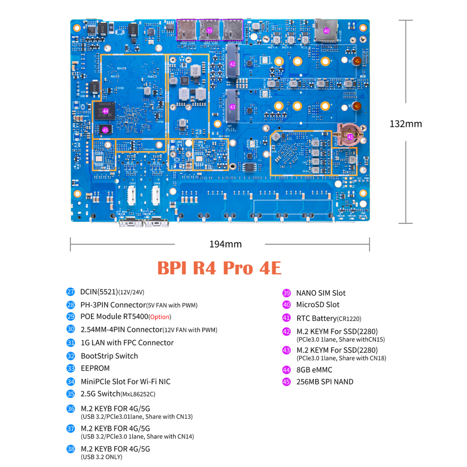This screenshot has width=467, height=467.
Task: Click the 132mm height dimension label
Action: pyautogui.click(x=405, y=124)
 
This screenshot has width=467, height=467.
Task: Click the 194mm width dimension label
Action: pyautogui.click(x=219, y=244)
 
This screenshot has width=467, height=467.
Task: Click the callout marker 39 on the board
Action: pyautogui.click(x=210, y=30)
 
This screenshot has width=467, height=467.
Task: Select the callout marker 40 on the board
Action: pyautogui.click(x=326, y=31)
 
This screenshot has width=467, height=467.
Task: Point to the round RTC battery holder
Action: pyautogui.click(x=350, y=135)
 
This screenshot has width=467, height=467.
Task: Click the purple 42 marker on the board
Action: pyautogui.click(x=233, y=64)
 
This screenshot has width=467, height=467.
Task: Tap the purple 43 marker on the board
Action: pyautogui.click(x=233, y=106)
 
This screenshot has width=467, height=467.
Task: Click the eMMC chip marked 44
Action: pyautogui.click(x=106, y=111)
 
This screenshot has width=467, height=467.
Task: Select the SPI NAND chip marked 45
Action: pyautogui.click(x=105, y=130)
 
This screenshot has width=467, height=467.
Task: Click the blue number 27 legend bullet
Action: pyautogui.click(x=71, y=292)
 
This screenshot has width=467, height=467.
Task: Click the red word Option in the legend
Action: pyautogui.click(x=160, y=317)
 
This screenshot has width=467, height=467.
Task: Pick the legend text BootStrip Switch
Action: pyautogui.click(x=109, y=356)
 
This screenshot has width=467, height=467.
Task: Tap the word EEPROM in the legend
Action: pyautogui.click(x=95, y=368)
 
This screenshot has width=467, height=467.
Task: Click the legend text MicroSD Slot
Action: pyautogui.click(x=318, y=304)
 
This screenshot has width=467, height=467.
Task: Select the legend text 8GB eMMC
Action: pyautogui.click(x=314, y=370)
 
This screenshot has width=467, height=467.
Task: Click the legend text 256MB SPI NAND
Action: pyautogui.click(x=325, y=382)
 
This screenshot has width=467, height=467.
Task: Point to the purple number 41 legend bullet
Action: pyautogui.click(x=287, y=318)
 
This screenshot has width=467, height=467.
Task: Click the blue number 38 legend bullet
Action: pyautogui.click(x=71, y=449)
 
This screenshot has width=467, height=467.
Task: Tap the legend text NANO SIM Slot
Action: pyautogui.click(x=321, y=293)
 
